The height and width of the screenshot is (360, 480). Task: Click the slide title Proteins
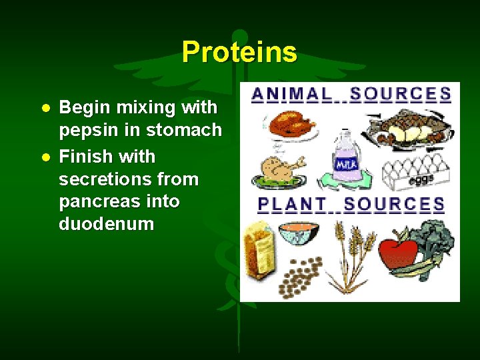point(239,52)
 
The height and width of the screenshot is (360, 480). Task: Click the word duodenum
point(106,224)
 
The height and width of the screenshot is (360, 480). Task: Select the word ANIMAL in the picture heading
point(292,95)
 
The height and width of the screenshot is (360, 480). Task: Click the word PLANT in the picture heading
point(292,205)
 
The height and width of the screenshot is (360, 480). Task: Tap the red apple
point(399,254)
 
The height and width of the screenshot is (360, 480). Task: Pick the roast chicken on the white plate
point(291,125)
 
